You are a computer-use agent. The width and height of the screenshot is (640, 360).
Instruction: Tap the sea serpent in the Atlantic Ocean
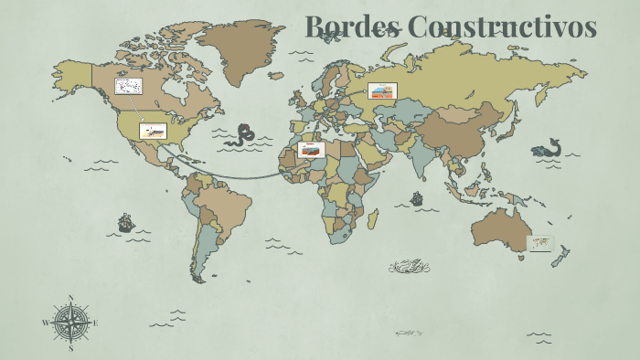coord(243,135)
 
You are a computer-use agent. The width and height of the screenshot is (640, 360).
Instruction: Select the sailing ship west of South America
coord(126,222)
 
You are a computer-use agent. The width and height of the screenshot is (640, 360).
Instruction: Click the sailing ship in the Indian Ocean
coord(417,197)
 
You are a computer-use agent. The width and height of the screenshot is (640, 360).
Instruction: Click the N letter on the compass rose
coord(70,297)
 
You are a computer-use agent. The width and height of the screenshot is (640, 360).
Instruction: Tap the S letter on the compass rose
coord(70,348)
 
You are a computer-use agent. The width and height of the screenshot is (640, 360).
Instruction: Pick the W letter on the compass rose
coord(45,323)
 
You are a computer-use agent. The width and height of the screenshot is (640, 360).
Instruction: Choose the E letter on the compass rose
coord(95,323)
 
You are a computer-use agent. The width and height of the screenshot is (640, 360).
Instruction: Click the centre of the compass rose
coord(70,323)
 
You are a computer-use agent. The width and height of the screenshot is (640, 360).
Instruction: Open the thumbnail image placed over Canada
coord(128,87)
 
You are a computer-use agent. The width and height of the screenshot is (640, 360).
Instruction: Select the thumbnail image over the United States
coord(153,131)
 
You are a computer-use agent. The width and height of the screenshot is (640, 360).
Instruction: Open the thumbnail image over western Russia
coord(382,90)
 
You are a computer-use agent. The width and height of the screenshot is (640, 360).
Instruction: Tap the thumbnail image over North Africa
coord(311,149)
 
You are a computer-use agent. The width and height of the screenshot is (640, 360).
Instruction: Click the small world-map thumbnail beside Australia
coord(540,243)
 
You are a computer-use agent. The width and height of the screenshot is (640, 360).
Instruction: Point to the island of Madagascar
coord(372,218)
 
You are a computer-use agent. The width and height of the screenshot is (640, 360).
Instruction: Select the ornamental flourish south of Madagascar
coord(409,267)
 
